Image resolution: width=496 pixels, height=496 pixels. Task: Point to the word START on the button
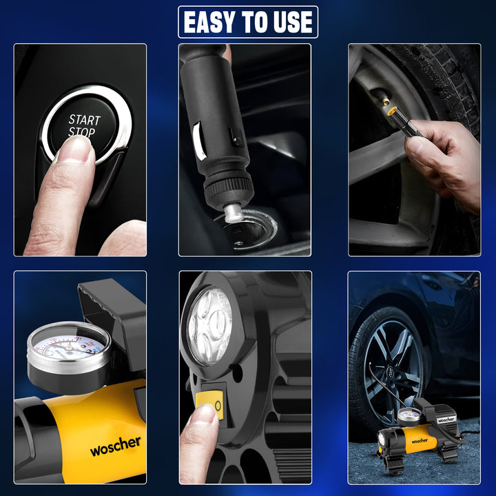coord(84,119)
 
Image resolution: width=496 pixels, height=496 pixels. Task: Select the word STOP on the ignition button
coord(82,132)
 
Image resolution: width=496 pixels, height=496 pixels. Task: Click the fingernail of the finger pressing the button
coord(74,149)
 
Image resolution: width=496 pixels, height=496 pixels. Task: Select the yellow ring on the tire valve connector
coord(391,110)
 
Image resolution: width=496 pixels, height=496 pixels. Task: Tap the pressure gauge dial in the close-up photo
coord(69,344)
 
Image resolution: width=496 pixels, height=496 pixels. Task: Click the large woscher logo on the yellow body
coord(115,446)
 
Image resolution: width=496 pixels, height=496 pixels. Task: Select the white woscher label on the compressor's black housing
coord(446,419)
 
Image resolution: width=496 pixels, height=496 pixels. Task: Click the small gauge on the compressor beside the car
coord(410,417)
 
